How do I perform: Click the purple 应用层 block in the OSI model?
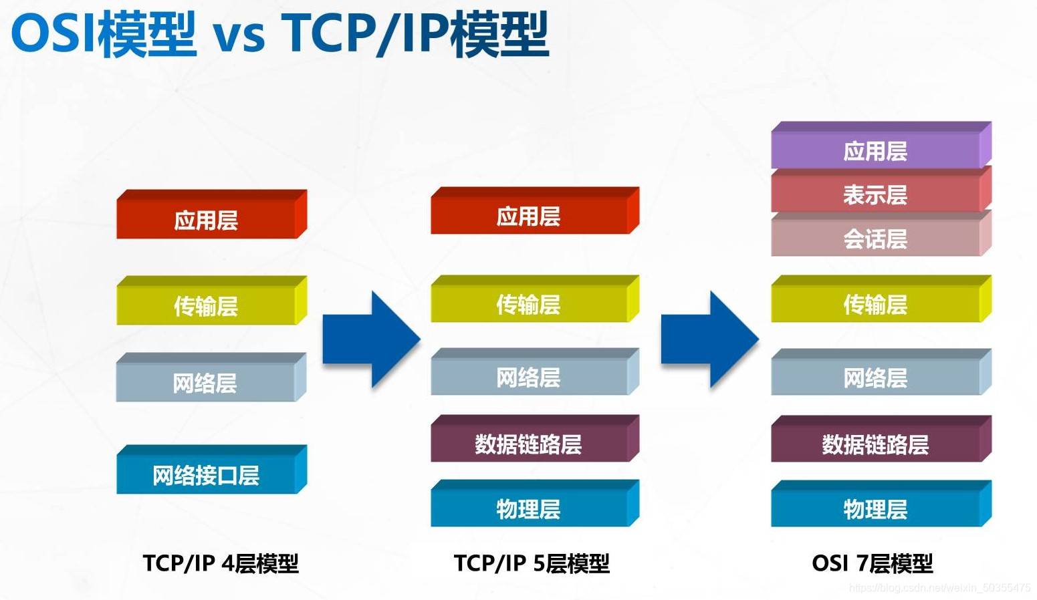[876, 150]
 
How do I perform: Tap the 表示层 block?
[876, 194]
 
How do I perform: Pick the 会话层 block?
[876, 239]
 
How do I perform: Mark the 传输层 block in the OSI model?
[876, 304]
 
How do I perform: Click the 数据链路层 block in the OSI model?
[876, 444]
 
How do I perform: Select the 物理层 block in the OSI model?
[876, 508]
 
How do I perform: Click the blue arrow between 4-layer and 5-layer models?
[370, 339]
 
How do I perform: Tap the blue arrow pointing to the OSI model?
[709, 339]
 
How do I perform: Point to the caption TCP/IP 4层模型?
[221, 563]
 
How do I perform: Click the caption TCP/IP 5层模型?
[532, 563]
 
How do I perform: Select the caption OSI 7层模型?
[872, 563]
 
